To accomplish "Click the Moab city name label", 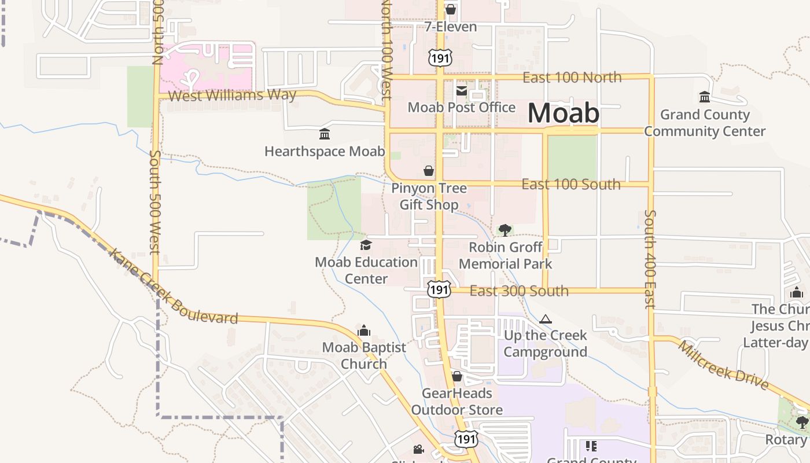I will click(564, 113).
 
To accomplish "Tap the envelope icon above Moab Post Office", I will click(462, 90).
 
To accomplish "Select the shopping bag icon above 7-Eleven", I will click(451, 10).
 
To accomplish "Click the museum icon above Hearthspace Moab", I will click(325, 134).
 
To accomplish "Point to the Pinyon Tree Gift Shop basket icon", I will click(429, 171).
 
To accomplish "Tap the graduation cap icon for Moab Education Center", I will click(366, 245).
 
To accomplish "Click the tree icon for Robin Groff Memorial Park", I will click(505, 230).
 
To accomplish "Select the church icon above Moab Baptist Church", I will click(364, 330).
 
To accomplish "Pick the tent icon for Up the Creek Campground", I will click(545, 319).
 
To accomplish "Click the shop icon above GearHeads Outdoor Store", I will click(457, 377).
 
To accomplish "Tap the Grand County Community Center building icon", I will click(705, 97).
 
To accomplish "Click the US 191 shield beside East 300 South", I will click(439, 289).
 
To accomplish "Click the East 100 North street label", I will click(572, 78).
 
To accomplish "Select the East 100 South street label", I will click(570, 185).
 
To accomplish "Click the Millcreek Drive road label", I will click(723, 366).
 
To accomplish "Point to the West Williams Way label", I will click(232, 95).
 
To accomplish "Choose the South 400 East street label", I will click(650, 259).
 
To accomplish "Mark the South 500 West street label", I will click(154, 202).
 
